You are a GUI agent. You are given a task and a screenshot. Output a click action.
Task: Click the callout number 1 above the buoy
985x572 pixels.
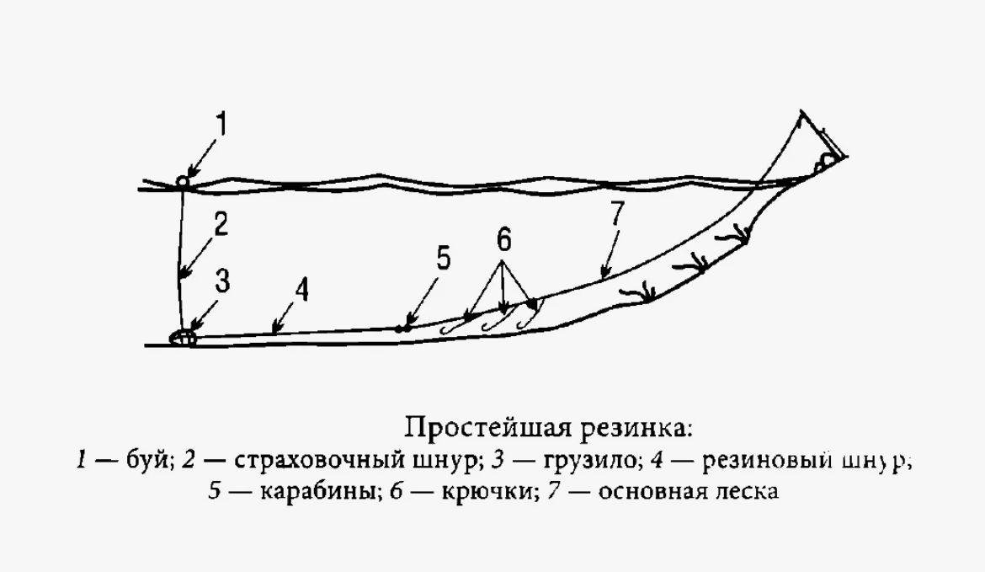coord(221,126)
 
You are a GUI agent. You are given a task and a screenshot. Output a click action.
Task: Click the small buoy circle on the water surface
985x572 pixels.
coord(182,181)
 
